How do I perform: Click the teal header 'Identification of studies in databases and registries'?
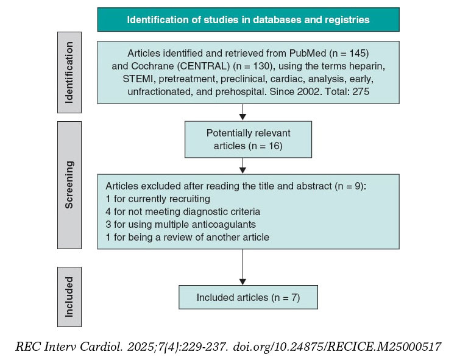[248, 19]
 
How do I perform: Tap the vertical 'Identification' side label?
[69, 77]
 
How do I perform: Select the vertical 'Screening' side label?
[69, 185]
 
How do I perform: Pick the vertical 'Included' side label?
[69, 297]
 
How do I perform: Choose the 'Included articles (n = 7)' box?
[248, 297]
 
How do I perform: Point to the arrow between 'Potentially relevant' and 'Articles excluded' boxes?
[243, 167]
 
